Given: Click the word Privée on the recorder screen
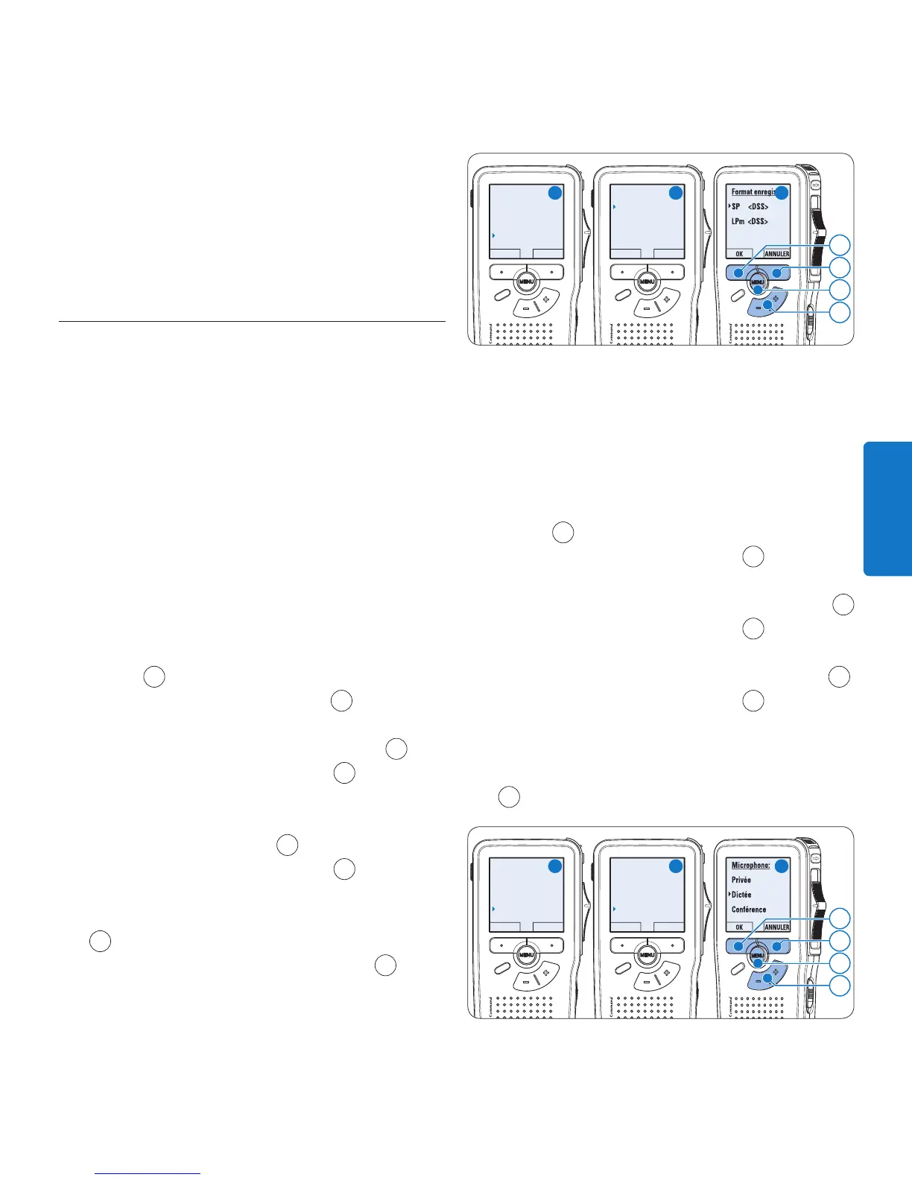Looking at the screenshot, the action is (741, 880).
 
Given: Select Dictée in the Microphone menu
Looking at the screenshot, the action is (741, 895).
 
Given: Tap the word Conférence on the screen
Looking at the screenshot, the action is (748, 910).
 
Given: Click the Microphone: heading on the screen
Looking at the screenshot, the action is (750, 866).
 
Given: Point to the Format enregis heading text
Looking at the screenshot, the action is (753, 192).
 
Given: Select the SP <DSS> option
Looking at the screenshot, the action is (750, 206).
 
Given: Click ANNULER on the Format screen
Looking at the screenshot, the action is (776, 254).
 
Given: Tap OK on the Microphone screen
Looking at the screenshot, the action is (739, 927).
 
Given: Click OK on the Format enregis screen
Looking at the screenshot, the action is (739, 254).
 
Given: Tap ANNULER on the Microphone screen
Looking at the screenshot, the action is (776, 927).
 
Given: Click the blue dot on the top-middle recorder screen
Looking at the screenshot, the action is (675, 192).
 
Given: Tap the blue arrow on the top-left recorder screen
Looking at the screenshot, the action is (493, 235).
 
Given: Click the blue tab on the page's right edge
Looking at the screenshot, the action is (888, 509).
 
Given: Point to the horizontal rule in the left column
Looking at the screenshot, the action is (252, 323).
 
